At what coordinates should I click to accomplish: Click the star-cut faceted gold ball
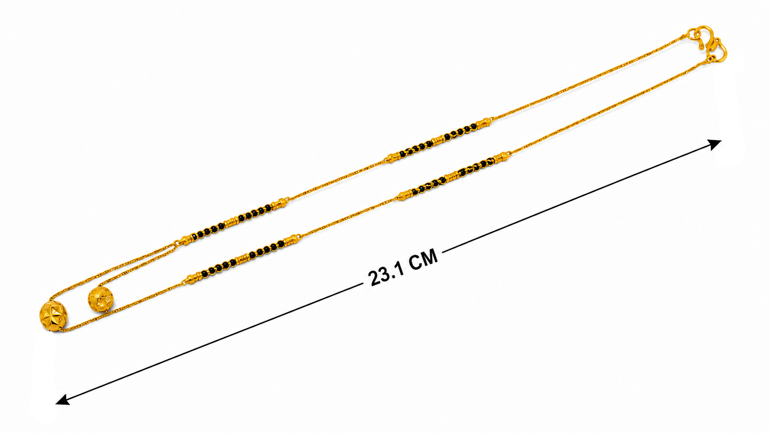pyautogui.click(x=53, y=318)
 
